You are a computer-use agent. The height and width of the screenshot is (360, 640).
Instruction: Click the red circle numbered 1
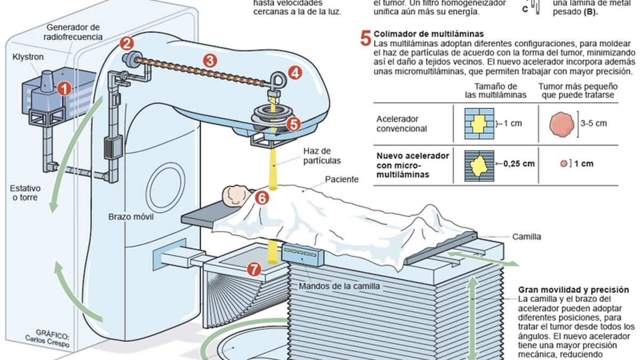pyautogui.click(x=64, y=89)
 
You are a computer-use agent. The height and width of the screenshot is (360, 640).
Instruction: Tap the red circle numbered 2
pyautogui.click(x=126, y=43)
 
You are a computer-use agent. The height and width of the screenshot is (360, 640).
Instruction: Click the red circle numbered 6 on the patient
pyautogui.click(x=261, y=198)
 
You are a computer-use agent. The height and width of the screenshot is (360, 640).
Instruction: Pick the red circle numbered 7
pyautogui.click(x=254, y=270)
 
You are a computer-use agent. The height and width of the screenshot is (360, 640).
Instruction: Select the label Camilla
pyautogui.click(x=526, y=236)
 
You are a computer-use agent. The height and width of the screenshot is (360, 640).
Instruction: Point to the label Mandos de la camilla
pyautogui.click(x=339, y=286)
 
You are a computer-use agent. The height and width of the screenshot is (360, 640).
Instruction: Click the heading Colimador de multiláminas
pyautogui.click(x=429, y=33)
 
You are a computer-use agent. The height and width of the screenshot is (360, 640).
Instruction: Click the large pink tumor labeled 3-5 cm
pyautogui.click(x=562, y=124)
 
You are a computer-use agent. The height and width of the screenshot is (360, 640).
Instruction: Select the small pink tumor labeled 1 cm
pyautogui.click(x=563, y=164)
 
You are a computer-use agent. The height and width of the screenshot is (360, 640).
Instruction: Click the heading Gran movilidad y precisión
pyautogui.click(x=573, y=290)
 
